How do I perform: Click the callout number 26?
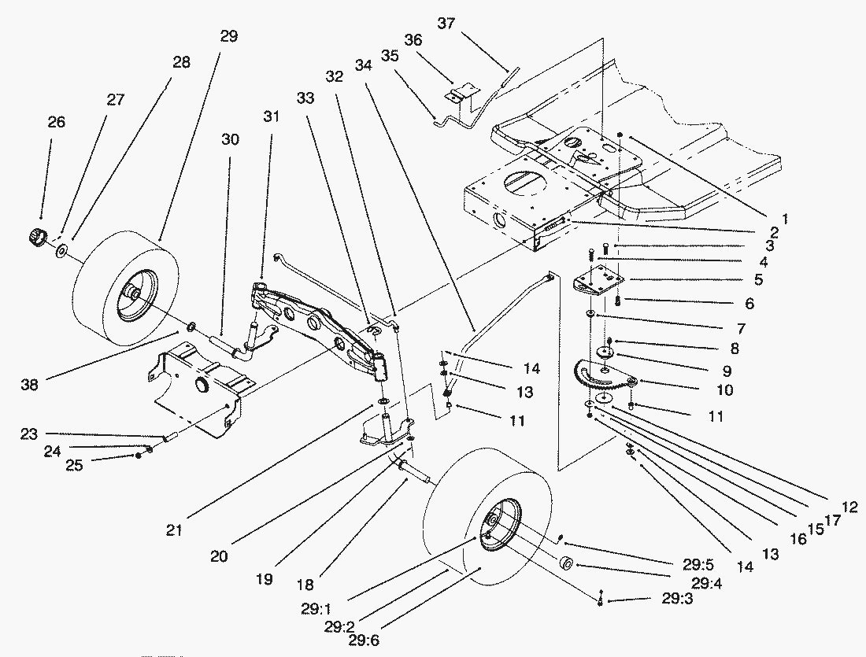pos(56,122)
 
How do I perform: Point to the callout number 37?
pos(446,24)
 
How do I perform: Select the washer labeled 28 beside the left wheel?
pos(61,252)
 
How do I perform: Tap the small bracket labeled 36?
pos(457,94)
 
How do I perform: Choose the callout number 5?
pos(757,279)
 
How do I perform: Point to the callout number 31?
pos(271,116)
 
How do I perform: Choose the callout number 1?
pos(785,216)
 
